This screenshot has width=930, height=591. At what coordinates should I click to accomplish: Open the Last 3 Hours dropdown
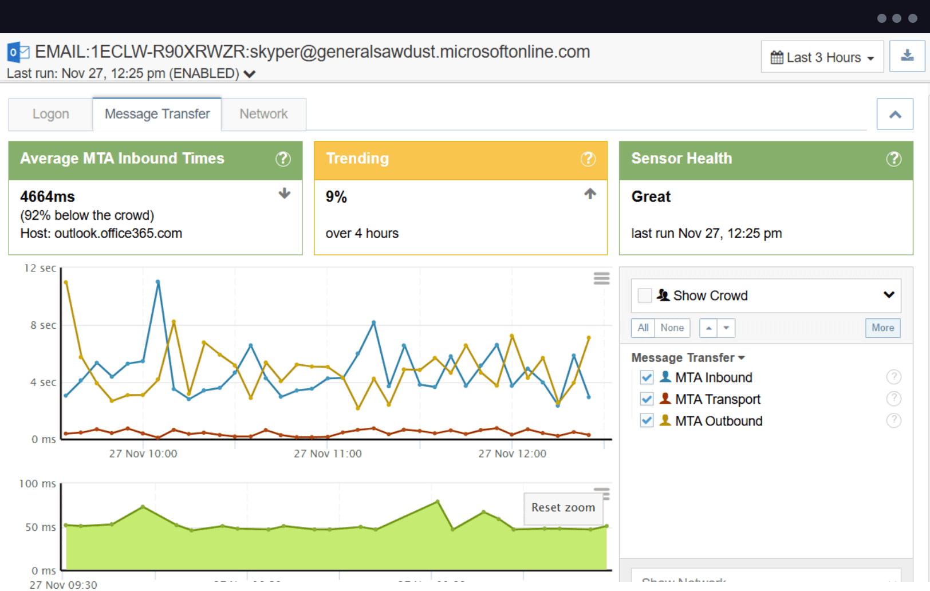[822, 57]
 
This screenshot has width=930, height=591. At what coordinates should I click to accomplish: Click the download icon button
[907, 56]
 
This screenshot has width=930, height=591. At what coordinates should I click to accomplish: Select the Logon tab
[50, 114]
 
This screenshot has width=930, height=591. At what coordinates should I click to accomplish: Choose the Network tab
[263, 114]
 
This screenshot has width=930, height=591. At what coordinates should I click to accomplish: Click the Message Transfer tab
[157, 114]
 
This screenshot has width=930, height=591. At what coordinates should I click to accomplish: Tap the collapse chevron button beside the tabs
[894, 115]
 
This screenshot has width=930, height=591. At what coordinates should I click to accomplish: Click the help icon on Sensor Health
[893, 159]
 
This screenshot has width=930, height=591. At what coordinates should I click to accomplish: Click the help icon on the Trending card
[588, 159]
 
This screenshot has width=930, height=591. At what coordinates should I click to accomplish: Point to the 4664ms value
[48, 196]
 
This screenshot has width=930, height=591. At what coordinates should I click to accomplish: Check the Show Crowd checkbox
[645, 295]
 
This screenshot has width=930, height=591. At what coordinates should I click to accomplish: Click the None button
[672, 328]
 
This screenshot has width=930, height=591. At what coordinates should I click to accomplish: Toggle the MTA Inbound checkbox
[647, 377]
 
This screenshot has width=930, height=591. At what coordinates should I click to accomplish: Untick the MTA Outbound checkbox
[647, 421]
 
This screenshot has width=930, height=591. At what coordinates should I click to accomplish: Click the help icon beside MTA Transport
[893, 399]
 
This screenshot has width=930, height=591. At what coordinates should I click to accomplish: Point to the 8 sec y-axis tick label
[43, 325]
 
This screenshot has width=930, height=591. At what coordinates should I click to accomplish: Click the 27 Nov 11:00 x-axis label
[328, 454]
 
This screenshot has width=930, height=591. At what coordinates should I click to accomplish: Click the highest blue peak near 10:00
[158, 282]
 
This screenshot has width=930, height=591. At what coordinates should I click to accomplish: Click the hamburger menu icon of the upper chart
[601, 278]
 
